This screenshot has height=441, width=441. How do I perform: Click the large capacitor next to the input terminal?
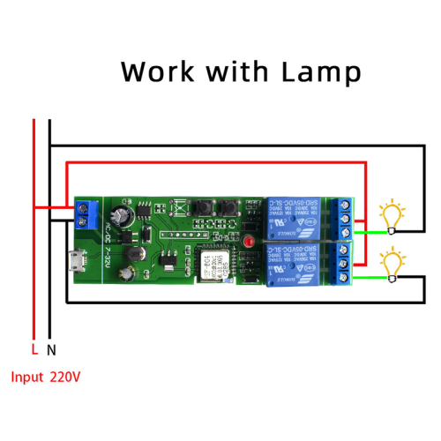click(x=121, y=214)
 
